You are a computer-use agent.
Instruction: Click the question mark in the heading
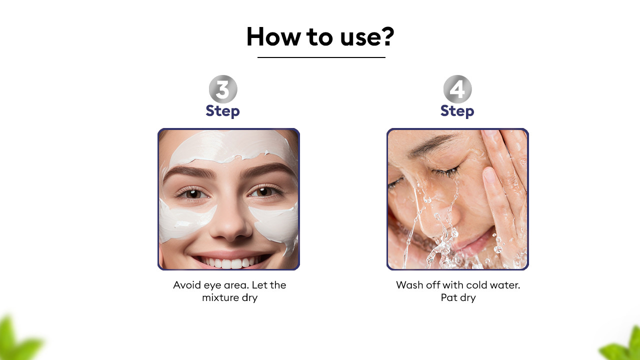pyautogui.click(x=387, y=36)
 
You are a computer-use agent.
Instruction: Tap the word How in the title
pyautogui.click(x=273, y=36)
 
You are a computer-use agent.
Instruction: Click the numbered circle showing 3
pyautogui.click(x=223, y=89)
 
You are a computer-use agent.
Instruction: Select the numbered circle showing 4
pyautogui.click(x=457, y=89)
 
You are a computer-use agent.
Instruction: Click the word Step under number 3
pyautogui.click(x=223, y=111)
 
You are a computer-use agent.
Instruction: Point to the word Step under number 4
pyautogui.click(x=457, y=111)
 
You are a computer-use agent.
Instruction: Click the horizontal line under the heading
pyautogui.click(x=321, y=57)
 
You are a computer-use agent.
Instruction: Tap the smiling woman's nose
pyautogui.click(x=230, y=220)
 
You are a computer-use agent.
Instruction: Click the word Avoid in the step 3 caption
pyautogui.click(x=187, y=285)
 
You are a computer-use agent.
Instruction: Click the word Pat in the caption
pyautogui.click(x=449, y=297)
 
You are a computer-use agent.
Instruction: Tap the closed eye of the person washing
pyautogui.click(x=447, y=171)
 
